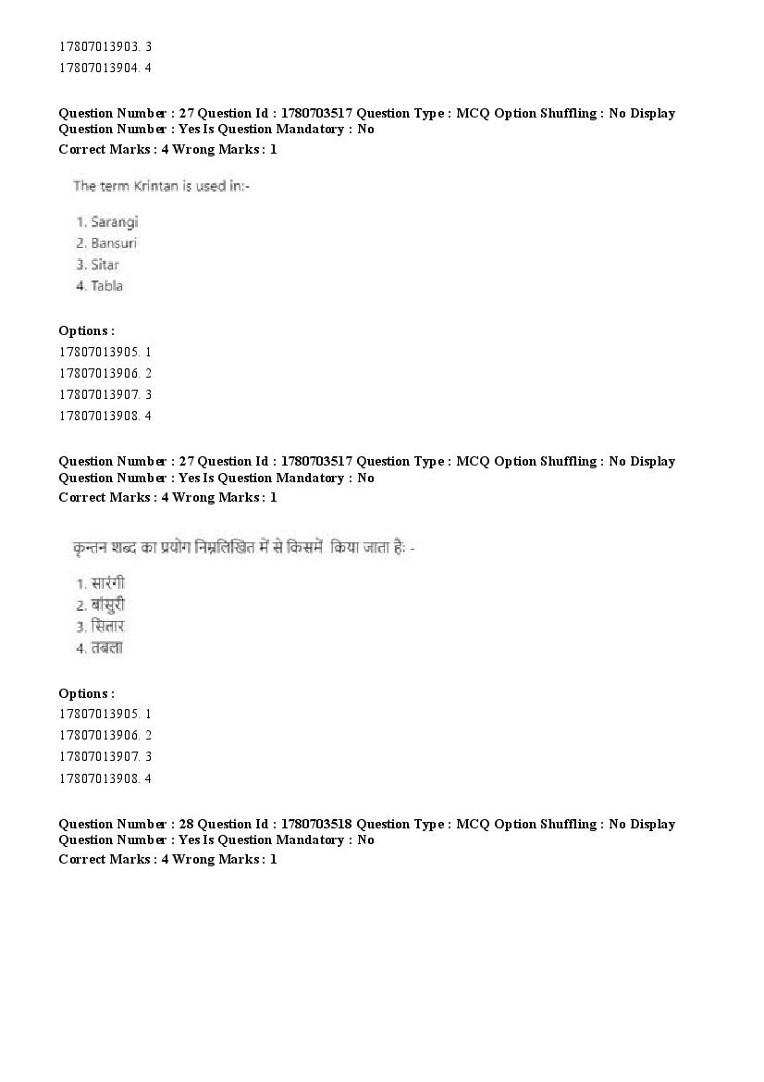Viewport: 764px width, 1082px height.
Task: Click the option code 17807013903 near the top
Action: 99,46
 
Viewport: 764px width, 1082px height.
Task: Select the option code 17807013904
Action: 99,68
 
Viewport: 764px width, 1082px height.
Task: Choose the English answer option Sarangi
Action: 115,222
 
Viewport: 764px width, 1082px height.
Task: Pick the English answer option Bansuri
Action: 114,243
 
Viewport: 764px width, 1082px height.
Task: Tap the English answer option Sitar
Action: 105,265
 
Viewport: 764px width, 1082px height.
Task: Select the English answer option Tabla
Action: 106,286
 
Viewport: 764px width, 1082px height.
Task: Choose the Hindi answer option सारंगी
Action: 107,584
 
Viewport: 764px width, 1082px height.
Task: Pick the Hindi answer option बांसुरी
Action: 107,605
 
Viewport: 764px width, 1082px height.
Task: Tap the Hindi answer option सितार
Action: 107,627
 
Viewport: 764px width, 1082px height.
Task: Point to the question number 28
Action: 182,824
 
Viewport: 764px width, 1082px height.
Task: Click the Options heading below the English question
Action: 86,330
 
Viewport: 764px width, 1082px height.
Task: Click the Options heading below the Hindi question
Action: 86,693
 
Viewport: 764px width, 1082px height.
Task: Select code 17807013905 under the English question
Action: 99,352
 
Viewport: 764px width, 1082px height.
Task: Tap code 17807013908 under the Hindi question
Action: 99,778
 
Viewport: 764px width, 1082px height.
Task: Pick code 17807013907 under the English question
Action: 99,394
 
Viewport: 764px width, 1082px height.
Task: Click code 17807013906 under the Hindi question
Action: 99,736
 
